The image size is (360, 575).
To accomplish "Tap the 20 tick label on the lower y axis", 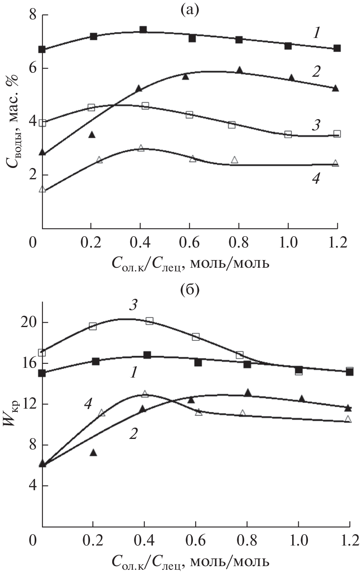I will (x=27, y=323).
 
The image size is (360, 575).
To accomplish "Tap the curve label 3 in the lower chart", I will (x=133, y=305).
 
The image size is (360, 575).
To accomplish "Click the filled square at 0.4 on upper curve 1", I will (x=143, y=30).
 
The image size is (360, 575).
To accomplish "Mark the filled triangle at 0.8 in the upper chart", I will (x=239, y=70).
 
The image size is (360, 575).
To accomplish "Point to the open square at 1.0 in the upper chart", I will (x=288, y=134).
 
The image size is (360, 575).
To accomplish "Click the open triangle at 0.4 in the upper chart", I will (x=140, y=148).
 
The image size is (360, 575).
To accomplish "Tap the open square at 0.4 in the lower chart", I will (x=149, y=321).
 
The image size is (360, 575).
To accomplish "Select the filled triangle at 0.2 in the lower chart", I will (x=93, y=453).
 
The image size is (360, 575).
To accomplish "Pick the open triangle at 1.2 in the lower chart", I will (x=348, y=419).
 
